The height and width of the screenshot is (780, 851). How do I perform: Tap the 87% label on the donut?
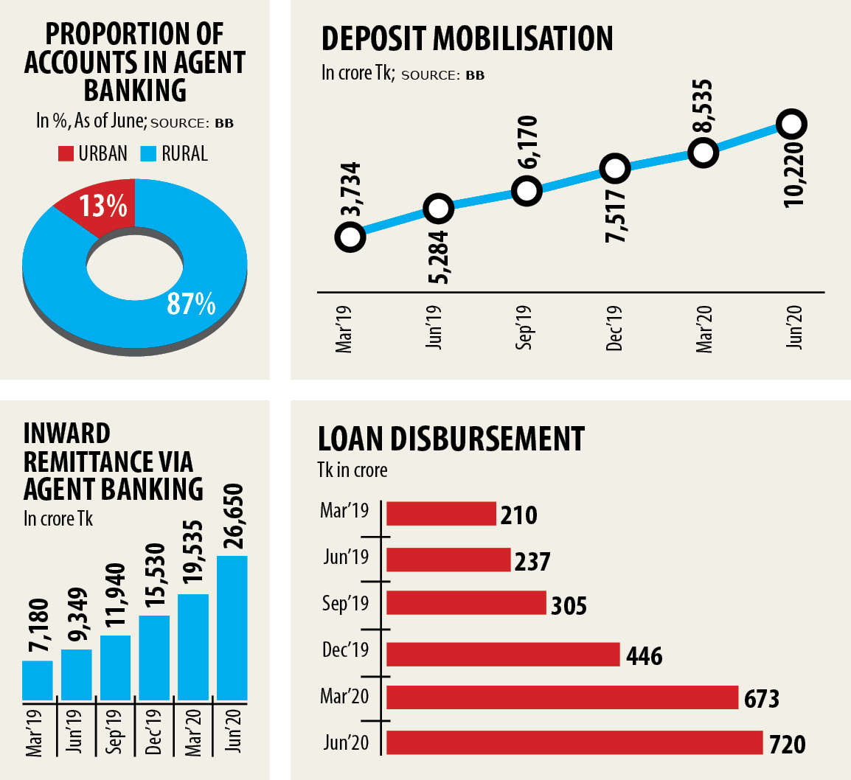tap(190, 303)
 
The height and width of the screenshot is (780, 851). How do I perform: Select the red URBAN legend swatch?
tap(66, 153)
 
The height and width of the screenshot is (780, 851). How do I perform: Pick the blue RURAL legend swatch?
tap(149, 153)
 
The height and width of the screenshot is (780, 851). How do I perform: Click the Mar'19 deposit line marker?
tap(350, 237)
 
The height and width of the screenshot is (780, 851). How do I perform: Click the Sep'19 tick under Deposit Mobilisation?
tap(524, 328)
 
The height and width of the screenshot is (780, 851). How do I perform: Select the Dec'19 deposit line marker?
tap(614, 168)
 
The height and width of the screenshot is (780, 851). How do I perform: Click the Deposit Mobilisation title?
tap(467, 39)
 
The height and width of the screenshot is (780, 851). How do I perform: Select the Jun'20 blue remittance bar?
tap(232, 627)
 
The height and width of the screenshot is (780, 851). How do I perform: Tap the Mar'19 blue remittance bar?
tap(37, 680)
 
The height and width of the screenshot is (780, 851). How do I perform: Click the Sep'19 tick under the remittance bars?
tap(115, 730)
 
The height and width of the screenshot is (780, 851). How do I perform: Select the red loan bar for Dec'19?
tap(502, 654)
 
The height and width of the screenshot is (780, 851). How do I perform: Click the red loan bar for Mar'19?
tap(441, 513)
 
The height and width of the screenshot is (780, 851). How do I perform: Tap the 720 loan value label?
tap(787, 744)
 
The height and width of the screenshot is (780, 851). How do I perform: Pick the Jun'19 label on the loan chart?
tap(345, 557)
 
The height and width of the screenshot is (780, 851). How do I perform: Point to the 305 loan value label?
tap(569, 605)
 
